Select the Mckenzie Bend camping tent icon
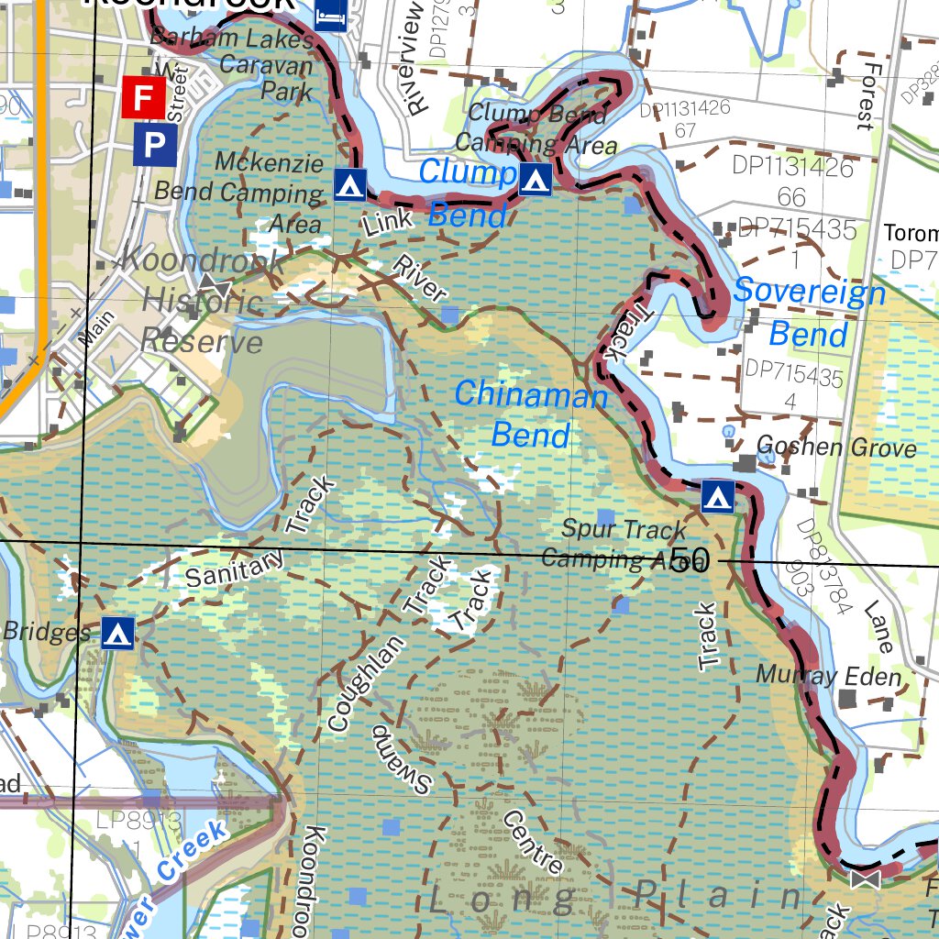[x=348, y=184]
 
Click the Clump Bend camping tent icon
[x=536, y=180]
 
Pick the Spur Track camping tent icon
[x=717, y=497]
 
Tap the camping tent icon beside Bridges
[x=117, y=633]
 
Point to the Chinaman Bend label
[x=531, y=414]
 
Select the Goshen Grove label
[x=836, y=447]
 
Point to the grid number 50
[x=690, y=559]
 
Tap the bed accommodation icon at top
[x=331, y=14]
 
